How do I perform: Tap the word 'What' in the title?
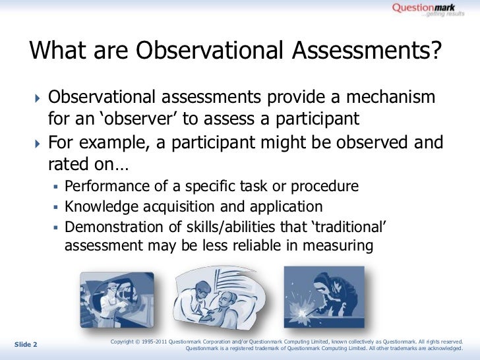[55, 51]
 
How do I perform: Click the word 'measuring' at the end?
[340, 247]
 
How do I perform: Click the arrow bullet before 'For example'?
[37, 142]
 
